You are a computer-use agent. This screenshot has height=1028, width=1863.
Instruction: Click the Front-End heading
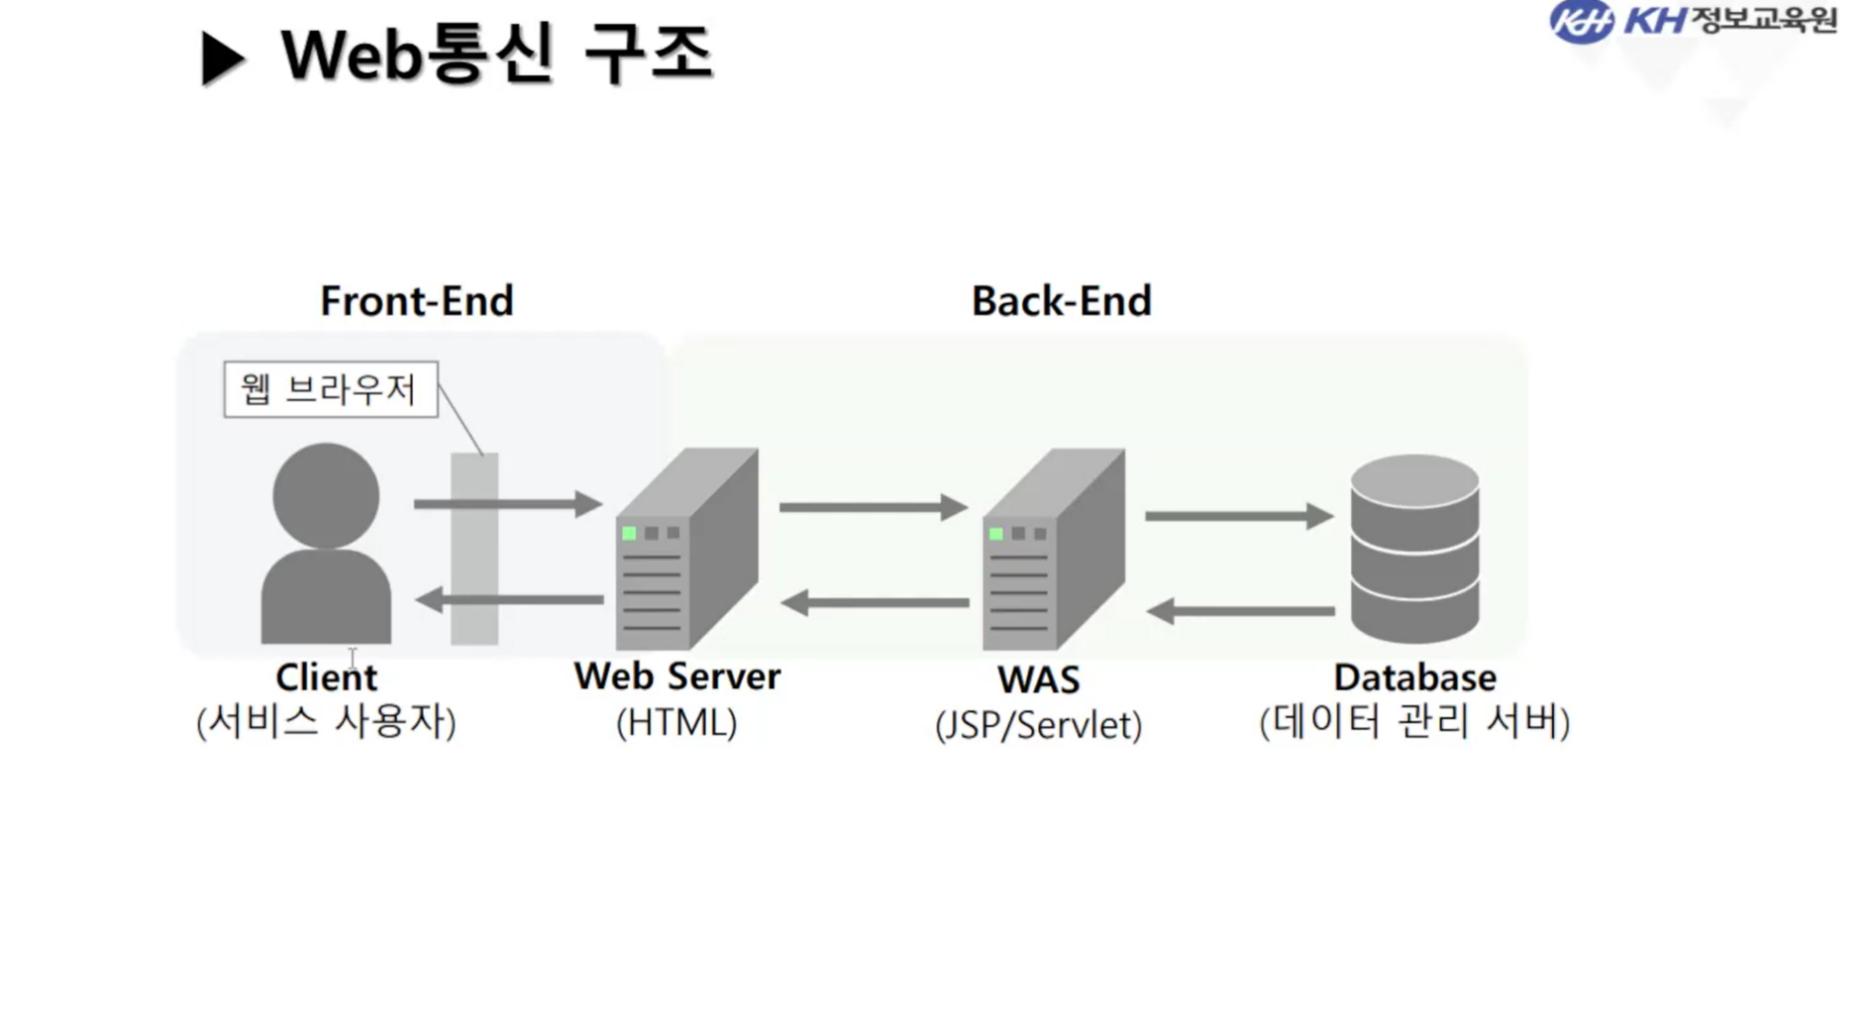(416, 301)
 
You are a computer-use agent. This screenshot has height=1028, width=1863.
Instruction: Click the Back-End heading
(1061, 301)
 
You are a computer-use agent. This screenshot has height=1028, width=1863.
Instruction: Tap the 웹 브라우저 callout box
(330, 389)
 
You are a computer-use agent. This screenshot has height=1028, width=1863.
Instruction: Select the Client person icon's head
(326, 494)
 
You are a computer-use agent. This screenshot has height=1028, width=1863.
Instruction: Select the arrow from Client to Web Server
(506, 504)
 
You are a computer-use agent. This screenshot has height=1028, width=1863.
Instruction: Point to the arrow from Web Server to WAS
(872, 507)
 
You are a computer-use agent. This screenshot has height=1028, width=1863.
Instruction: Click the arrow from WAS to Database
(1238, 516)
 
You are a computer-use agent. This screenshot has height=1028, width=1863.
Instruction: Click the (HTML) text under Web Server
(676, 723)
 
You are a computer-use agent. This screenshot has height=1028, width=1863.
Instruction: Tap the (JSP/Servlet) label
(1038, 725)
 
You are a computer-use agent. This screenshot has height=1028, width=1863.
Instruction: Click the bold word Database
(1413, 678)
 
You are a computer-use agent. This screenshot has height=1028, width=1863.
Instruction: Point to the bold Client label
(326, 678)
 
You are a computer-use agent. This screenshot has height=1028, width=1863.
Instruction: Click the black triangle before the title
(221, 57)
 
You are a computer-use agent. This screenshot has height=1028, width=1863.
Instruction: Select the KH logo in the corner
(1581, 22)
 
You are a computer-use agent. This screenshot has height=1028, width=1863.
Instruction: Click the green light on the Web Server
(629, 533)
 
